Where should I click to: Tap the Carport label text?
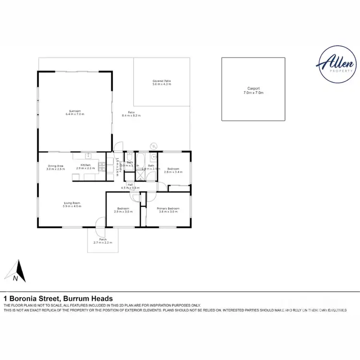coord(253,88)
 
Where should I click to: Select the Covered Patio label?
coord(162,81)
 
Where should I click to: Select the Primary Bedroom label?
coord(168,208)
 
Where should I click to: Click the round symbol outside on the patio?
coord(154,146)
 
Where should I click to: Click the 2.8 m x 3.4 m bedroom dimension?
coord(173,172)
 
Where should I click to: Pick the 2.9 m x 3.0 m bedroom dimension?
coord(123,212)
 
